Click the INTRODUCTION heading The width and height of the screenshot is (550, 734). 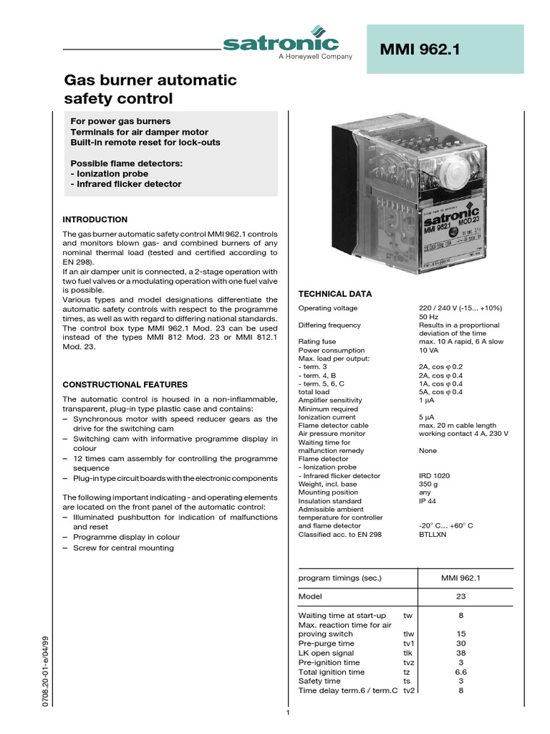pyautogui.click(x=95, y=219)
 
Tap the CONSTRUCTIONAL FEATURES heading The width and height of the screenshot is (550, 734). pyautogui.click(x=125, y=385)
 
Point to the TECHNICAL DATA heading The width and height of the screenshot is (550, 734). pyautogui.click(x=334, y=294)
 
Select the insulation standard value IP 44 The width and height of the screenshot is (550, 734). pyautogui.click(x=428, y=501)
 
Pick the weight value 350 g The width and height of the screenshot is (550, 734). pyautogui.click(x=428, y=485)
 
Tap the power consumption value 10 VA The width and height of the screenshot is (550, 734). pyautogui.click(x=428, y=351)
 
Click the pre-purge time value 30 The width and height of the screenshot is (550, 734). pyautogui.click(x=460, y=644)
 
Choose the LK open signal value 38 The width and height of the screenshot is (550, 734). pyautogui.click(x=460, y=653)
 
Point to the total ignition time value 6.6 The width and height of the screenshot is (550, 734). pyautogui.click(x=460, y=672)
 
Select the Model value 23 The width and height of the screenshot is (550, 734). pyautogui.click(x=460, y=596)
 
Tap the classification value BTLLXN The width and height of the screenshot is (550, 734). pyautogui.click(x=433, y=535)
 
